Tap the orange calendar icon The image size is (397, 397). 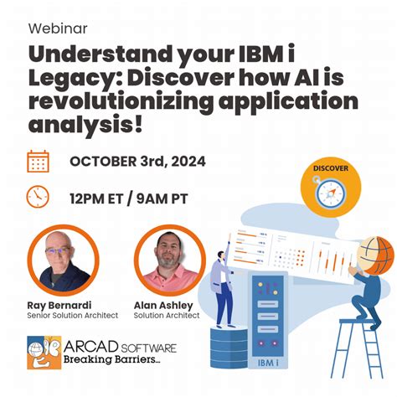click(38, 161)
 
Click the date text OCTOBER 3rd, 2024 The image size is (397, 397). click(137, 161)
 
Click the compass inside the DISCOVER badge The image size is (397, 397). click(331, 193)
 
